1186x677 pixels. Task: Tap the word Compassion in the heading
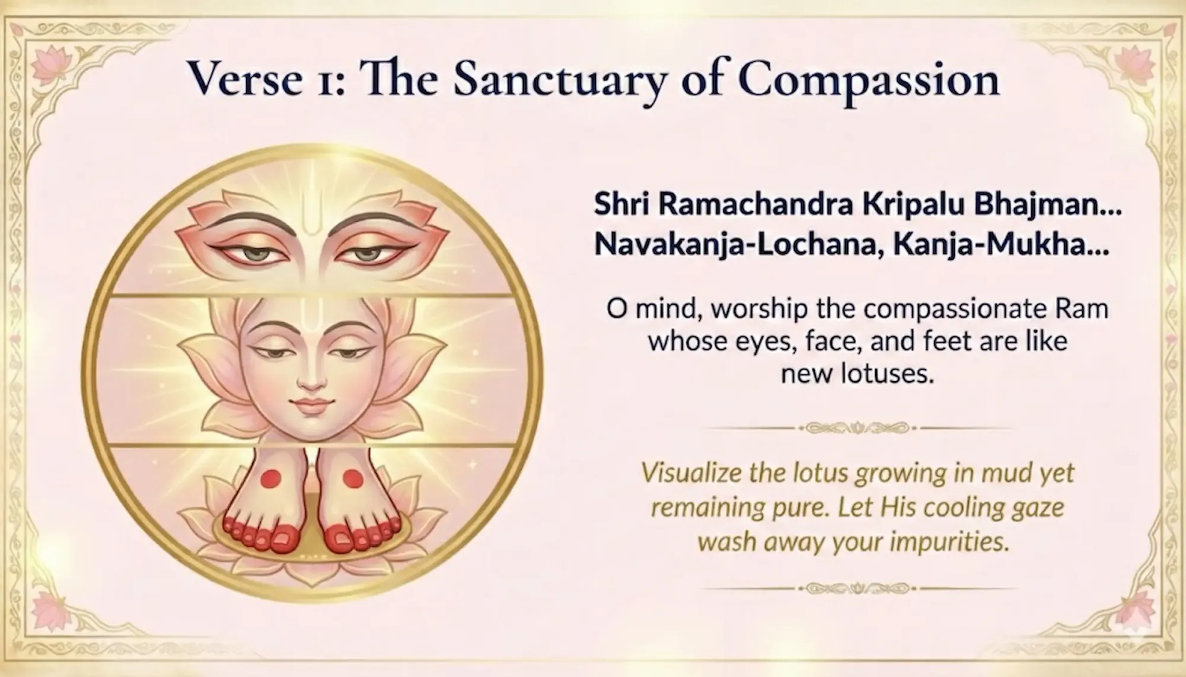869,81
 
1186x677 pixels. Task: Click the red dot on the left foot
271,477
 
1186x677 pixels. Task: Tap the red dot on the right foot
353,477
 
